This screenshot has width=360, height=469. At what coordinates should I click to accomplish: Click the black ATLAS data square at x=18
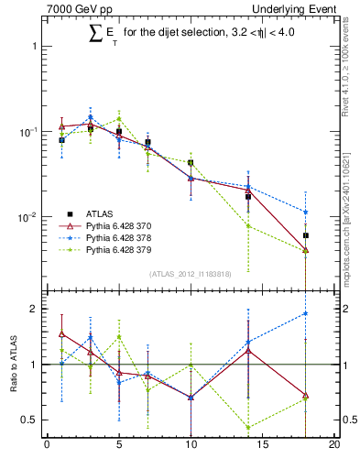pyautogui.click(x=306, y=235)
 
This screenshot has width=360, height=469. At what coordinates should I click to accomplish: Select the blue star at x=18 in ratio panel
pyautogui.click(x=306, y=313)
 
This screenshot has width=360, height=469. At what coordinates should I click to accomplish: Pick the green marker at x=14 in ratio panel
pyautogui.click(x=248, y=427)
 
